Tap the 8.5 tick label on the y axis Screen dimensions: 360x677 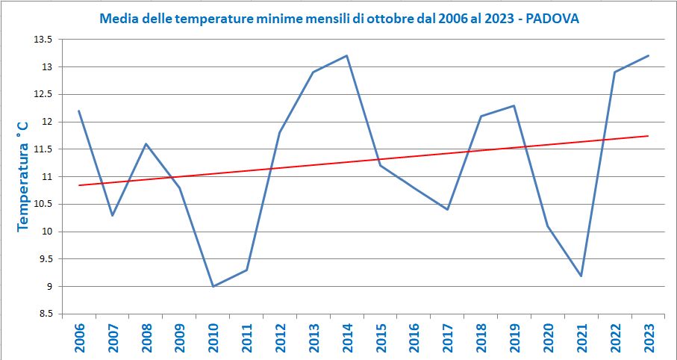point(44,314)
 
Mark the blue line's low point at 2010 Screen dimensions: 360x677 point(213,286)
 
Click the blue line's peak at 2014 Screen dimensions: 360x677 point(347,55)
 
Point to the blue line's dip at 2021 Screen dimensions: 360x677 point(581,276)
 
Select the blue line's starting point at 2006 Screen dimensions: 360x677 point(78,111)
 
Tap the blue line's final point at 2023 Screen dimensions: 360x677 point(648,55)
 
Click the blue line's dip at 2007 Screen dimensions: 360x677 point(112,215)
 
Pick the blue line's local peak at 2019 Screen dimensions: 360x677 point(514,105)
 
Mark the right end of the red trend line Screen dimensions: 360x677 point(648,136)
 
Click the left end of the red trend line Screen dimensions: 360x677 point(78,185)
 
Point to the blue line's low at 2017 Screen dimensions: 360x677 point(447,209)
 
